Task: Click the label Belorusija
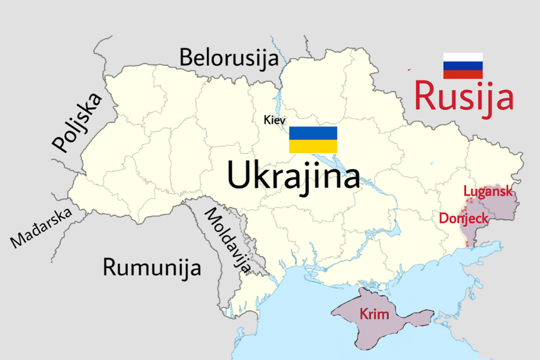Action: point(229,58)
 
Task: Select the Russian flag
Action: point(463,66)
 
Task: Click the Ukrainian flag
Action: point(313,140)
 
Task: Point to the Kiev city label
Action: point(275,120)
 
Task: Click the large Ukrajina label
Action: point(293,176)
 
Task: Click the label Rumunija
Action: point(152,267)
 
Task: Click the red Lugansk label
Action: point(488,191)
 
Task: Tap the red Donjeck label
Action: point(464,218)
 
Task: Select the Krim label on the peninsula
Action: point(374,314)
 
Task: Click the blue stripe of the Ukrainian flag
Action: point(313,133)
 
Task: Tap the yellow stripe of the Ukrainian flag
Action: point(313,146)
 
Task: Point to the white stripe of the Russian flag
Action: point(463,58)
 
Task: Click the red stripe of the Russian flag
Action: point(463,74)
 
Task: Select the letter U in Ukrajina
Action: point(238,176)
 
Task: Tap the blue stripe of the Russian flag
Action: point(463,66)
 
